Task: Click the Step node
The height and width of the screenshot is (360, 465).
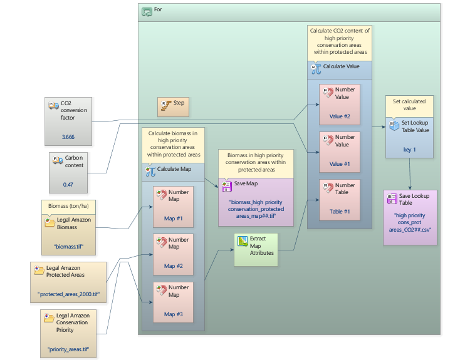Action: [x=172, y=106]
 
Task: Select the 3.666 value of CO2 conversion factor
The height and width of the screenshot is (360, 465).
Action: [x=68, y=136]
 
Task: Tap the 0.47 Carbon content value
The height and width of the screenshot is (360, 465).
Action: [x=68, y=185]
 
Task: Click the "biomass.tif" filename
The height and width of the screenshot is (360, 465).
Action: [x=68, y=245]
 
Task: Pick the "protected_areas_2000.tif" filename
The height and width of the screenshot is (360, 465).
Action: [x=68, y=294]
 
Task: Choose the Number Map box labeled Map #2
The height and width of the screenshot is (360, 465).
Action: [x=173, y=252]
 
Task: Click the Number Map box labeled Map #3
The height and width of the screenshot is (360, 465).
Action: [x=173, y=301]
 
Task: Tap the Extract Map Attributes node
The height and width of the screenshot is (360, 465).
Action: [x=256, y=249]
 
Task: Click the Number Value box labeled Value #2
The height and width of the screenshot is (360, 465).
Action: [x=339, y=103]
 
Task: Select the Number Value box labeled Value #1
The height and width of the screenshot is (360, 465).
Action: [x=339, y=151]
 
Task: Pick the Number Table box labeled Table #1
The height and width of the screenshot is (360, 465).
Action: [x=339, y=198]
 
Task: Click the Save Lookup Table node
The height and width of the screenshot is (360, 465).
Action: [x=410, y=217]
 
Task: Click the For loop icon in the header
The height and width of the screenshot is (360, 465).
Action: [x=147, y=11]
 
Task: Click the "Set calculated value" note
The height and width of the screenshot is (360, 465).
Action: [x=409, y=105]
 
